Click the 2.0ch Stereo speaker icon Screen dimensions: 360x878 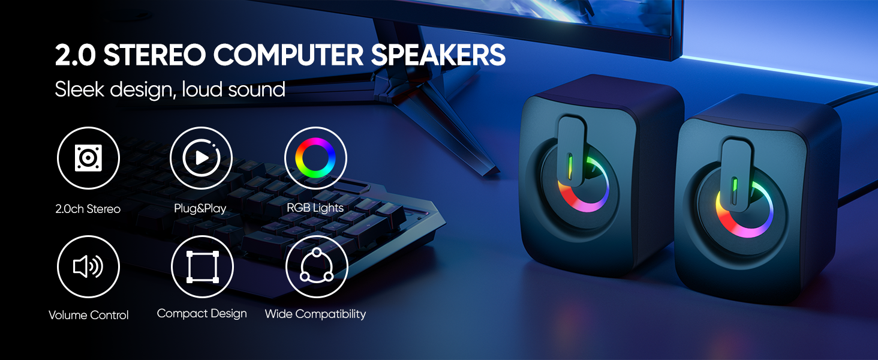88,158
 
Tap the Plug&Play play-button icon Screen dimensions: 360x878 202,158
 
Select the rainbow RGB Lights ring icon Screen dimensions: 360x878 315,158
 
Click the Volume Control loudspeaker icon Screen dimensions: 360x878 88,266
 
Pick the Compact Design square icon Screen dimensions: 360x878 202,266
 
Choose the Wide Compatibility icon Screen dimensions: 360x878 315,266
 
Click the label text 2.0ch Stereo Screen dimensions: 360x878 88,209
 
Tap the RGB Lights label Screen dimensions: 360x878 315,208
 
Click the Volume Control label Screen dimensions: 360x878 88,315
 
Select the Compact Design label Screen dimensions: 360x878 202,313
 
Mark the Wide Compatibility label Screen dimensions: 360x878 315,314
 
